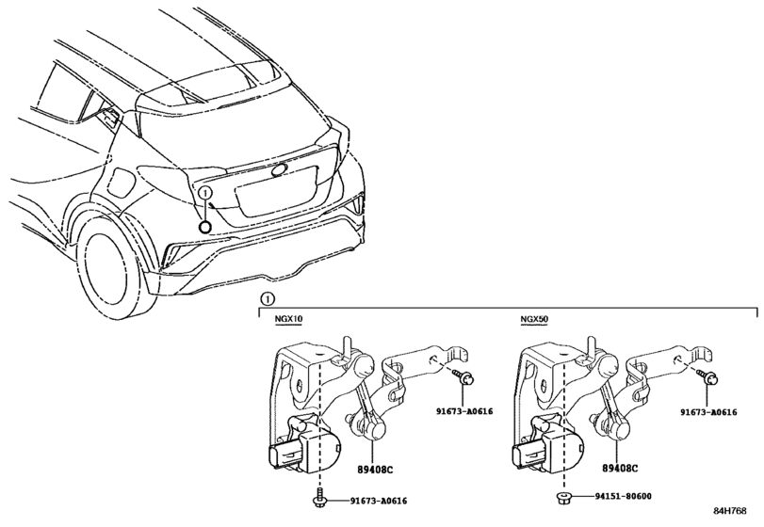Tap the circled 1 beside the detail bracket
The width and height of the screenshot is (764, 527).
pos(267,299)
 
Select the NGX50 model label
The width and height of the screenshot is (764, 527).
pos(535,320)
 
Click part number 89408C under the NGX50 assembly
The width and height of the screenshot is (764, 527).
pos(618,467)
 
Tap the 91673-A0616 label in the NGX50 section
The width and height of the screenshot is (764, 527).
pos(708,411)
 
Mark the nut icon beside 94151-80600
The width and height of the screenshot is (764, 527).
pos(564,495)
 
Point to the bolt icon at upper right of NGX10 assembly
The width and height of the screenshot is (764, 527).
pos(466,378)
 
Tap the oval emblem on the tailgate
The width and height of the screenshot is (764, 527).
pos(280,170)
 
